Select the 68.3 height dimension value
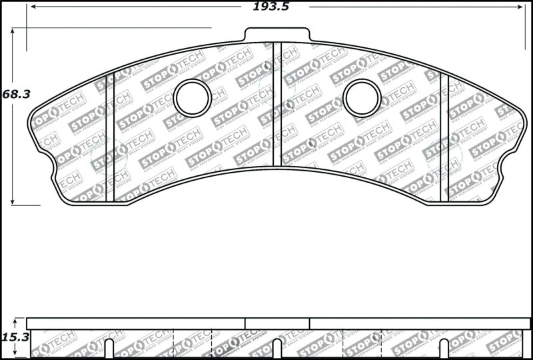(16, 94)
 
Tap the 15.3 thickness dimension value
(16, 337)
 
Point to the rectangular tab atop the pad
(277, 35)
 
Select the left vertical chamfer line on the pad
(111, 133)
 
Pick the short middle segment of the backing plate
(277, 323)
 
